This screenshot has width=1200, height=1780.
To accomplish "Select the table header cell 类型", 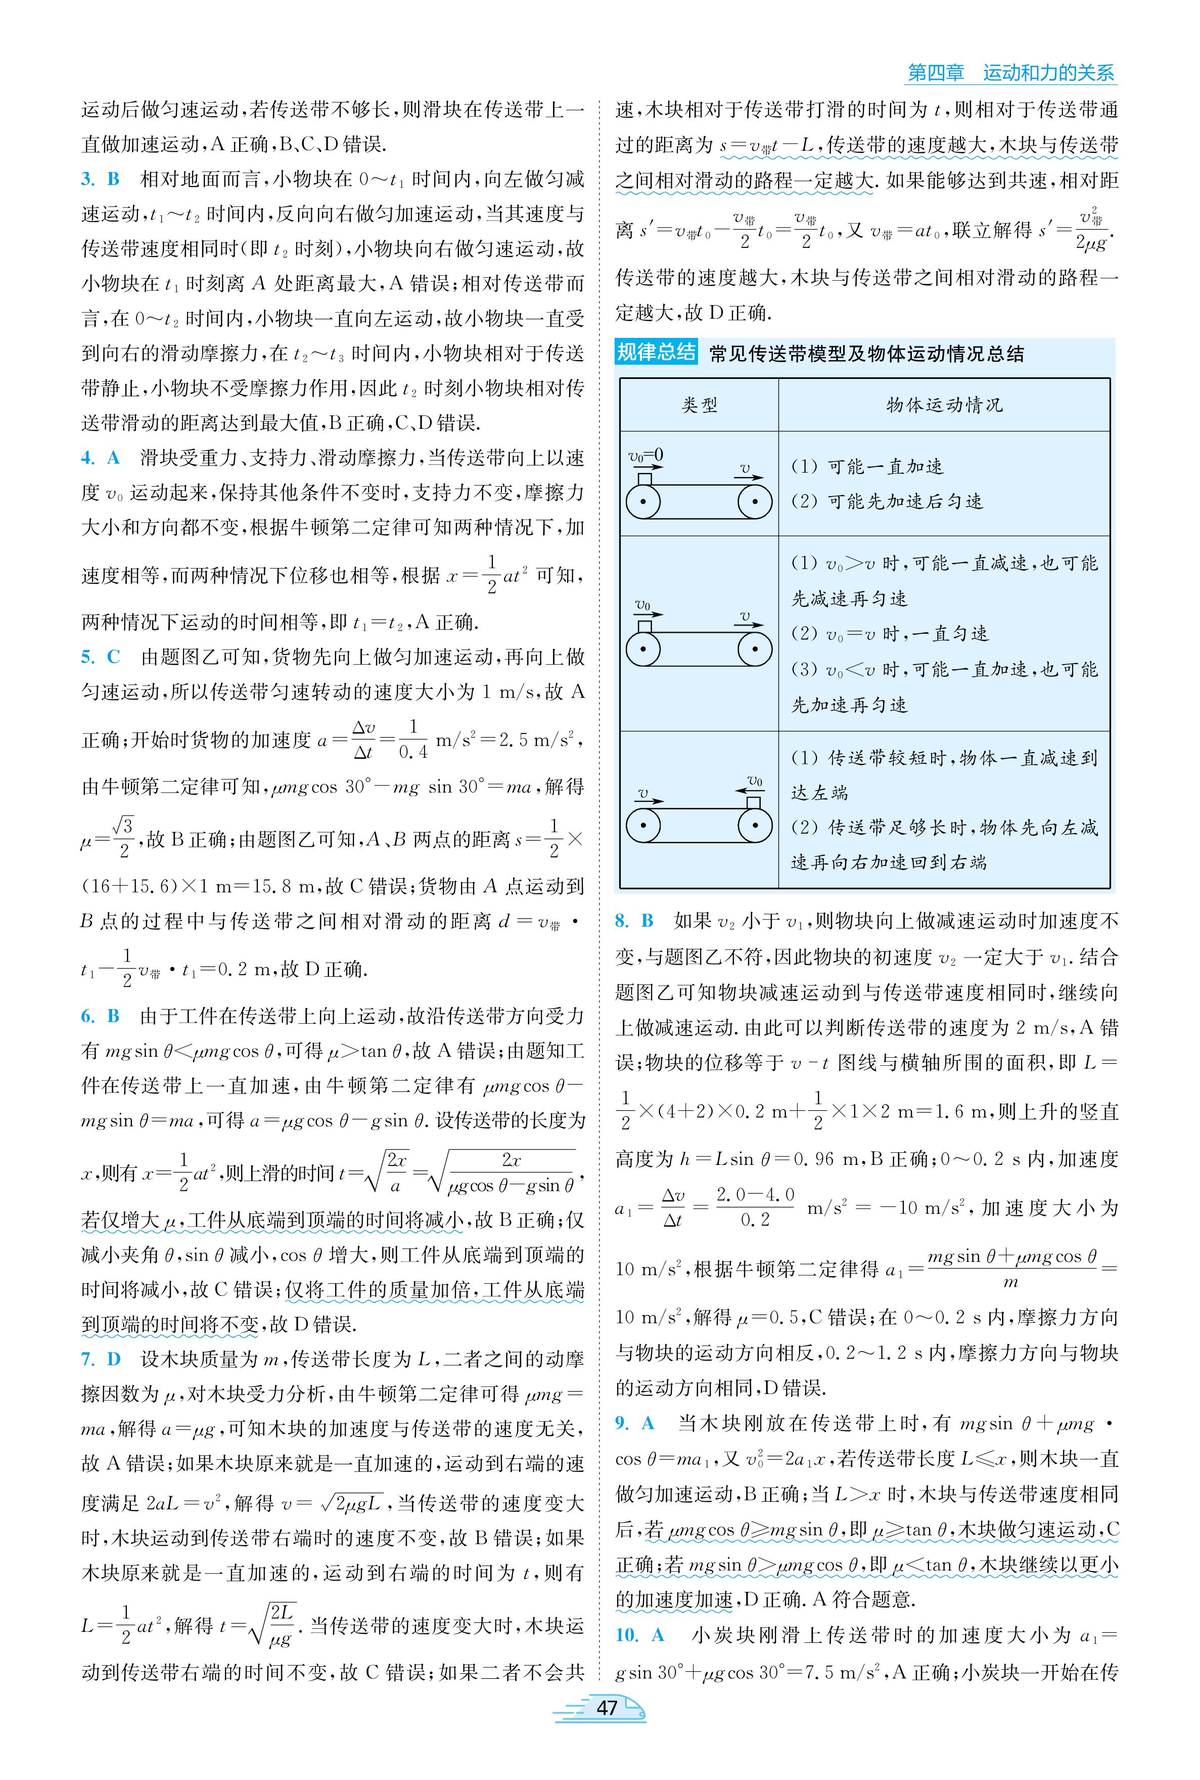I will (700, 405).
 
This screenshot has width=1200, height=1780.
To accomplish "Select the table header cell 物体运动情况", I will (944, 405).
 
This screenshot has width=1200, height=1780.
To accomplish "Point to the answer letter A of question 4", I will (113, 458).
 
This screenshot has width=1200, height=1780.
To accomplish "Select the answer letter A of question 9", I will (648, 1423).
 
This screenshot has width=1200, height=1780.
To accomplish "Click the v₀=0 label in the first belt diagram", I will (646, 456).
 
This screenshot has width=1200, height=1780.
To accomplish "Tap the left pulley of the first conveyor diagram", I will (643, 502).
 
